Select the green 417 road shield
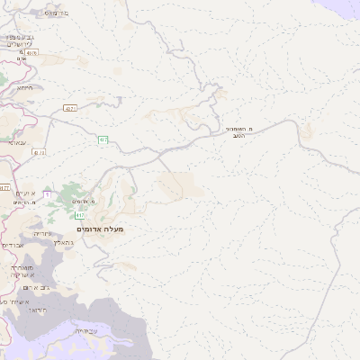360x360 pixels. (x=79, y=215)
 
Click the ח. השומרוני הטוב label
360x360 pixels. (x=239, y=134)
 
